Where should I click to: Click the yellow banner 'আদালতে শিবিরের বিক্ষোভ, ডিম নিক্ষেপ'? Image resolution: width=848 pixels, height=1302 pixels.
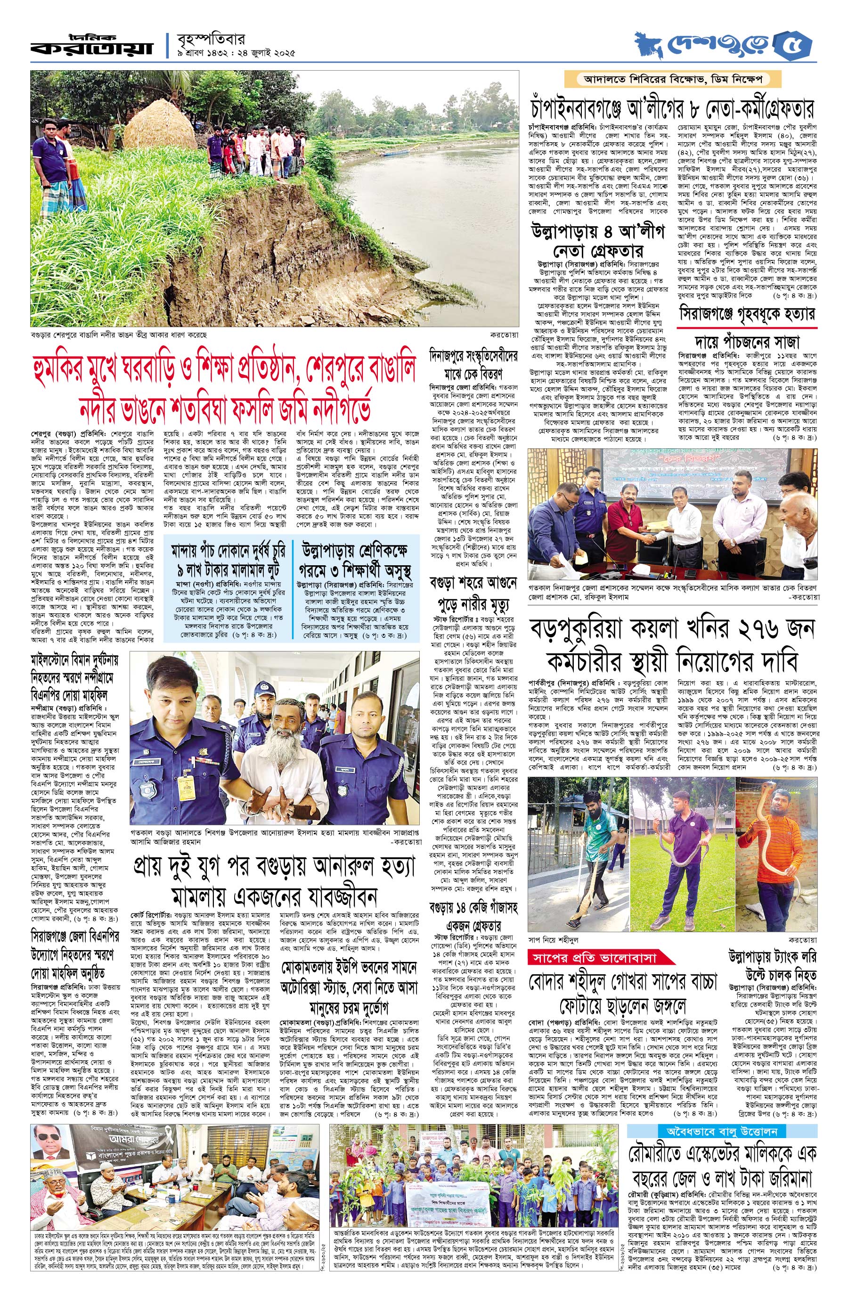[x=676, y=79]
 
